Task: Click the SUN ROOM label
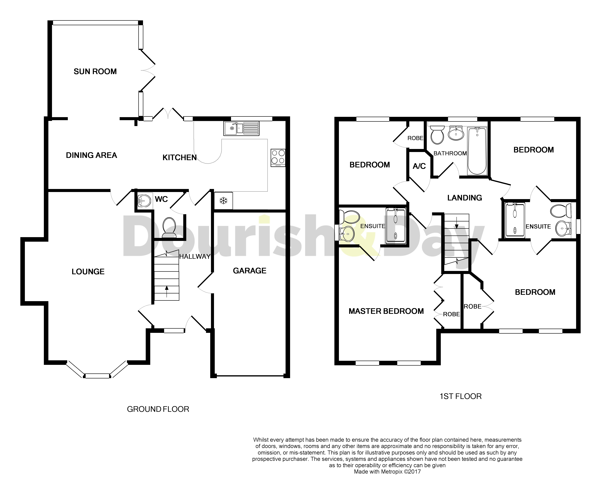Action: point(95,72)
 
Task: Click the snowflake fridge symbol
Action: point(223,200)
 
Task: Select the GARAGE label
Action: point(250,271)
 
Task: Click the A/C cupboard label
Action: point(419,166)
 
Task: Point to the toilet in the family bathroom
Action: point(437,135)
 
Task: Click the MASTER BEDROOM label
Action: point(386,311)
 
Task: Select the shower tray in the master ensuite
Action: point(395,226)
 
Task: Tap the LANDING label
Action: point(465,198)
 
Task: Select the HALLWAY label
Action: point(195,256)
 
